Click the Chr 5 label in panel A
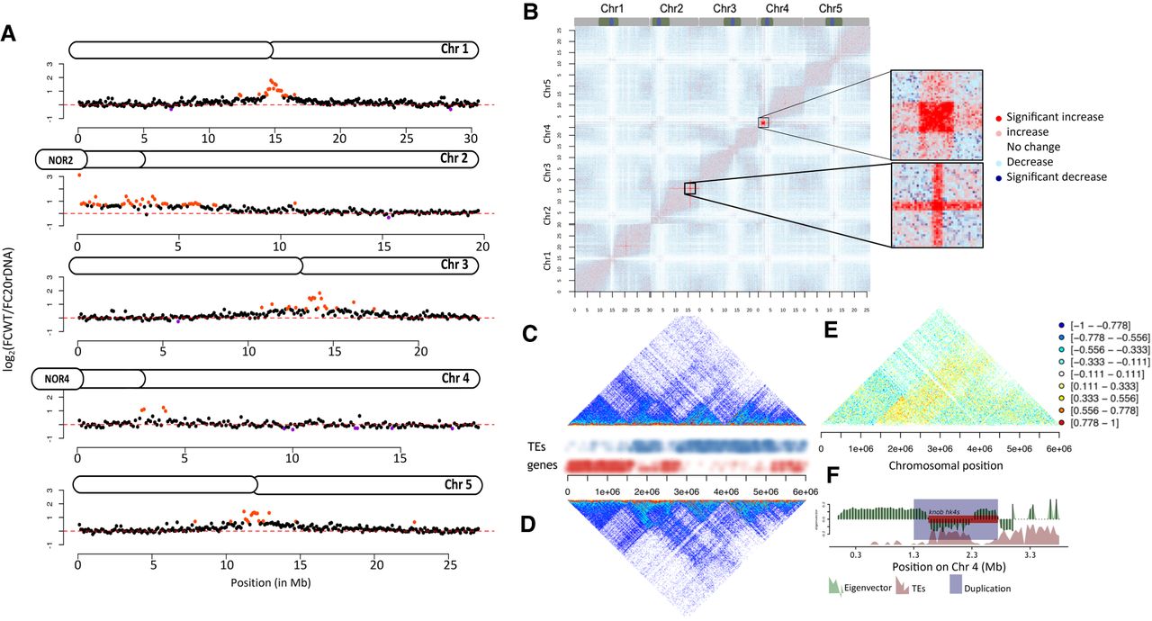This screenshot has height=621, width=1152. point(460,485)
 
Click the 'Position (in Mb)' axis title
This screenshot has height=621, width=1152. point(275,582)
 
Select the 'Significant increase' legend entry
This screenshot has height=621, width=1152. point(1055,117)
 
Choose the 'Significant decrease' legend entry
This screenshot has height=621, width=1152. point(1057,176)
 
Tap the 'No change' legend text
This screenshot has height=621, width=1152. point(1034,147)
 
